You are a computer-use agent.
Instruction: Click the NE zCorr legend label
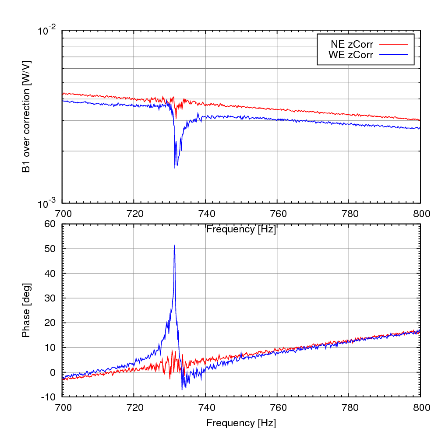[352, 44]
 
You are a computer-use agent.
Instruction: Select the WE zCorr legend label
[351, 55]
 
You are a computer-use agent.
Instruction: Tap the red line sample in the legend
[393, 44]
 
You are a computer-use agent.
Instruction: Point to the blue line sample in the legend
[393, 55]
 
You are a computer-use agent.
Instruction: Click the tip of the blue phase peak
[175, 245]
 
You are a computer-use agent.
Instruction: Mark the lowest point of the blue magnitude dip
[175, 168]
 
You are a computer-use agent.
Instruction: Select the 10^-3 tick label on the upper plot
[47, 203]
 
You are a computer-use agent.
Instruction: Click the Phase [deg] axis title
[26, 310]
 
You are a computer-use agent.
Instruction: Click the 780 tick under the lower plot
[349, 407]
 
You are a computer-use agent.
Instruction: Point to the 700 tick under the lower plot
[62, 407]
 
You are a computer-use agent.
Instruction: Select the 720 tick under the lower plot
[134, 407]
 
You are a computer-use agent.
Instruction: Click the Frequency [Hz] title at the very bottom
[241, 422]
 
